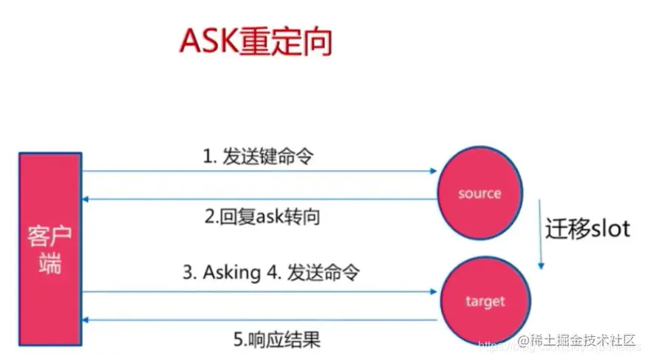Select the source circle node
tap(479, 194)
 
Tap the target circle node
tap(485, 301)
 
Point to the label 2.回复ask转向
tap(262, 218)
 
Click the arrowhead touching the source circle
tap(433, 171)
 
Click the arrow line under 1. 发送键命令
tap(259, 171)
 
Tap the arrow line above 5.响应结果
tap(259, 320)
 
